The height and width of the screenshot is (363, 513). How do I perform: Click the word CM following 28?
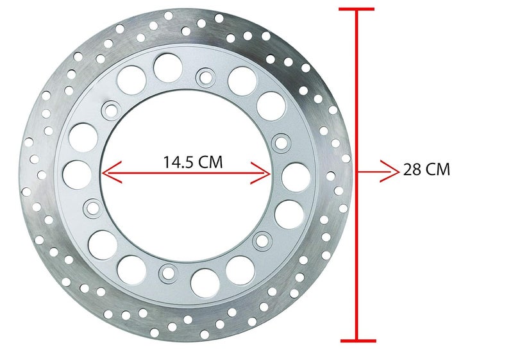click(x=439, y=171)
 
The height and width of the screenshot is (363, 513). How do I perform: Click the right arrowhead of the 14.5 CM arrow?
click(x=265, y=172)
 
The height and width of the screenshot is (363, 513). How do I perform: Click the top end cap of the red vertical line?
click(x=357, y=9)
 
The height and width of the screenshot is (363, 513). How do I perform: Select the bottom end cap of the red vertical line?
click(x=357, y=340)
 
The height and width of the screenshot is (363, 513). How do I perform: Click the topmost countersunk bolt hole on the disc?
click(x=206, y=78)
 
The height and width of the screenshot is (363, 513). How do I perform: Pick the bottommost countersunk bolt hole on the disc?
click(x=169, y=273)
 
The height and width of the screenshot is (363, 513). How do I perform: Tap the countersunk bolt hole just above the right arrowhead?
click(x=280, y=140)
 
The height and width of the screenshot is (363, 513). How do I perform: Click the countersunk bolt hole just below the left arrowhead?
click(x=92, y=207)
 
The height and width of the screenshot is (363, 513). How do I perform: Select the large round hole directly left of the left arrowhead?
click(x=76, y=174)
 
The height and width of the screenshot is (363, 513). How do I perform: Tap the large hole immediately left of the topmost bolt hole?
click(x=167, y=67)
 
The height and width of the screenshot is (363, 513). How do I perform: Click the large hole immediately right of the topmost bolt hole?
click(x=241, y=79)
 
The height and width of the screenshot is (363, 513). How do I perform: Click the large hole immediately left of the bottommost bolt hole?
click(x=131, y=269)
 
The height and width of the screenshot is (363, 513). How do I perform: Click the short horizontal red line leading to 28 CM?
click(x=372, y=171)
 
